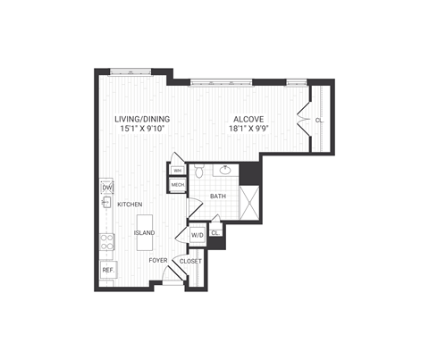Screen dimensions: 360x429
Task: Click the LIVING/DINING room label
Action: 142,119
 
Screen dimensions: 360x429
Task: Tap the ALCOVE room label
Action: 248,119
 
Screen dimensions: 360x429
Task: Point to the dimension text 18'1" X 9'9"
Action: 248,129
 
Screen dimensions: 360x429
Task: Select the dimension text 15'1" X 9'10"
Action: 142,129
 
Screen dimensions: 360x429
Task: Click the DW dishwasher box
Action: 107,187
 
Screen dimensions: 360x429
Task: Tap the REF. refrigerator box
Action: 107,269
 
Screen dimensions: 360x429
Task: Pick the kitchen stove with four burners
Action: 107,239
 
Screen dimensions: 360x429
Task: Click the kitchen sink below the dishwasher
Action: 106,204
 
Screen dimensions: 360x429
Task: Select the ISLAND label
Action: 144,232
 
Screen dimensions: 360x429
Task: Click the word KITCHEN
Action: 130,205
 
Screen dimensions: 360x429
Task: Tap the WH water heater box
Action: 177,170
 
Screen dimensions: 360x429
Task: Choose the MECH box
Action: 177,185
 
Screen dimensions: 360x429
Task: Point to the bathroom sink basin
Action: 225,170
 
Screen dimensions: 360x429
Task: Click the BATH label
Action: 218,196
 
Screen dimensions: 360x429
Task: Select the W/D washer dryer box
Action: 198,234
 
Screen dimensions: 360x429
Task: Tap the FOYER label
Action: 159,260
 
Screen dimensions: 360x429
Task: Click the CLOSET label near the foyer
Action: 190,261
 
